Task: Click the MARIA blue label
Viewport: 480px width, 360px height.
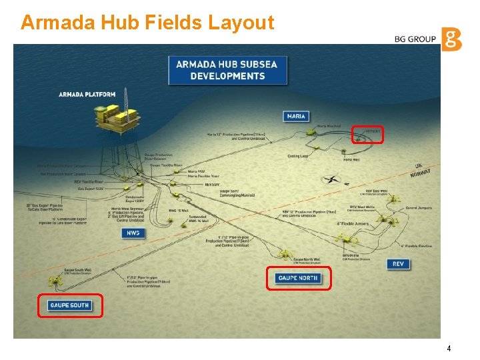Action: [x=296, y=116]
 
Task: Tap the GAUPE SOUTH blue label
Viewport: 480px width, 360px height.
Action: [x=69, y=305]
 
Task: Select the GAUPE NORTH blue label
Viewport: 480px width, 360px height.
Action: [x=298, y=278]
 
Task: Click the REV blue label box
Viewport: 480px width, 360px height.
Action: [x=398, y=264]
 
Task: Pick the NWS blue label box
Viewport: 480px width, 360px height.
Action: [x=131, y=233]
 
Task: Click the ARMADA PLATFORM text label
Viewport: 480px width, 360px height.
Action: [x=87, y=95]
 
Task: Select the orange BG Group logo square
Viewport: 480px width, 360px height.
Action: [x=451, y=39]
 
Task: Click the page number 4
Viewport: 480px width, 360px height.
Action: [x=449, y=349]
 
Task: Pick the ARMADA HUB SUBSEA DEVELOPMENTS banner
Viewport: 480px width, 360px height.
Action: [x=227, y=70]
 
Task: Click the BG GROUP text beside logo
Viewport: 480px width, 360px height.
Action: [x=415, y=39]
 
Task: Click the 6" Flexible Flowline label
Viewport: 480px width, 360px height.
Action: [x=417, y=246]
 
